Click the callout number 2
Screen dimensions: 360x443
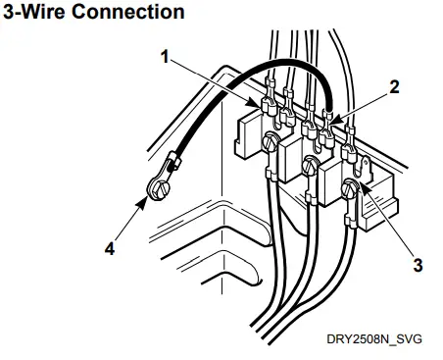pos(394,86)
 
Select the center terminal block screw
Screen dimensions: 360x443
pos(309,163)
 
